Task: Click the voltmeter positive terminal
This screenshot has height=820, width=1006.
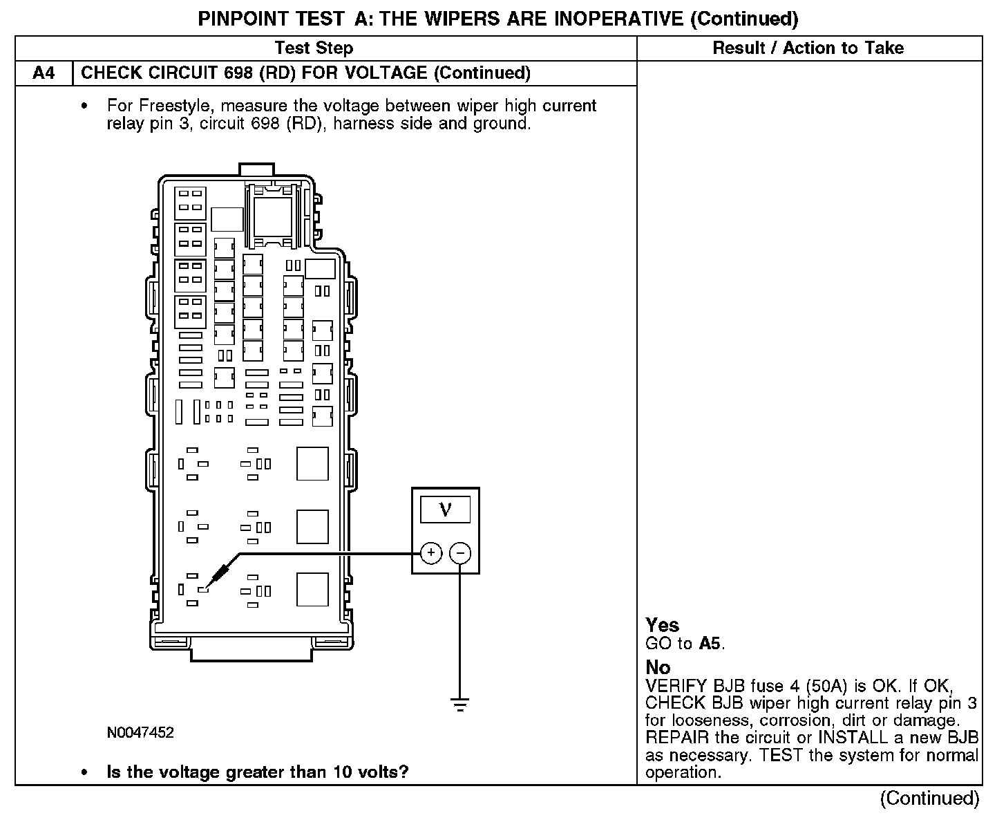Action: (x=431, y=553)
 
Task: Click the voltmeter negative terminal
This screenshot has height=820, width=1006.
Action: (x=460, y=553)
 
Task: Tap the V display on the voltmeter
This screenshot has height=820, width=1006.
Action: (x=445, y=510)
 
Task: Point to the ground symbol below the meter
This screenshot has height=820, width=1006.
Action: (x=460, y=705)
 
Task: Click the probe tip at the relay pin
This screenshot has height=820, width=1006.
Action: (x=205, y=589)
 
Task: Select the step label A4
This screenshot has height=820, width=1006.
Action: (x=44, y=73)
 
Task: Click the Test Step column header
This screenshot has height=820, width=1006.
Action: (x=314, y=48)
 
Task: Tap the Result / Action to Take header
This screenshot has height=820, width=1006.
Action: (x=808, y=48)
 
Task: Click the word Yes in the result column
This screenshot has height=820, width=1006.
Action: (x=662, y=625)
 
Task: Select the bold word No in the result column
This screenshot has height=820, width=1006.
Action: (x=658, y=667)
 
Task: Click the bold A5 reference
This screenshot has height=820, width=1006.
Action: (x=710, y=644)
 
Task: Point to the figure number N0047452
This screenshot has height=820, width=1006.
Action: (x=140, y=733)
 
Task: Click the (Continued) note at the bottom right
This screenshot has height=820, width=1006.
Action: (x=929, y=799)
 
